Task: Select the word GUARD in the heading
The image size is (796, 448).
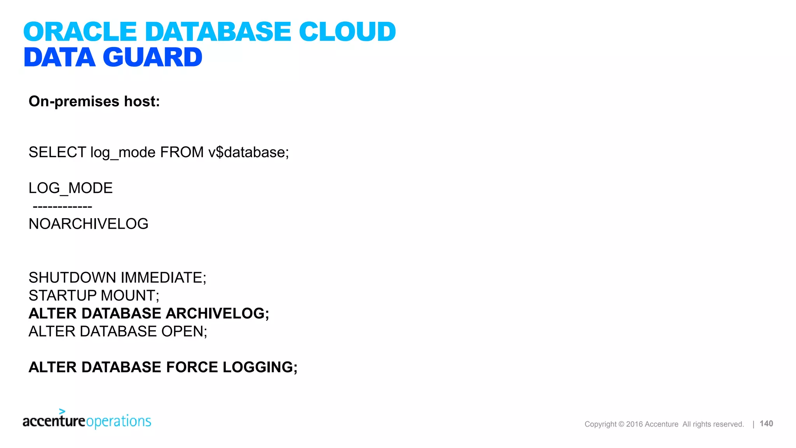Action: point(152,57)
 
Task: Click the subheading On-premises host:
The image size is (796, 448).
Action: point(94,101)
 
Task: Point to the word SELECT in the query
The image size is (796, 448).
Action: point(57,152)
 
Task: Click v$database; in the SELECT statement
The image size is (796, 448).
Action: point(248,152)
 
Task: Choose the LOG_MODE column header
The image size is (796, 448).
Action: point(70,188)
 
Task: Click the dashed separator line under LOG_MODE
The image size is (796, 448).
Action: point(62,206)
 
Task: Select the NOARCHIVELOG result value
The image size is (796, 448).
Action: point(88,224)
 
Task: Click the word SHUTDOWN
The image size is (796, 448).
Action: point(72,278)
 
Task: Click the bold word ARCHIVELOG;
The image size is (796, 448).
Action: point(217,313)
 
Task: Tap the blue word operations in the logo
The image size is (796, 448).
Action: point(119,421)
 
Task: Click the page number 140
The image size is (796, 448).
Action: point(766,423)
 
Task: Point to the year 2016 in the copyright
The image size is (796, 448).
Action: point(634,424)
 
